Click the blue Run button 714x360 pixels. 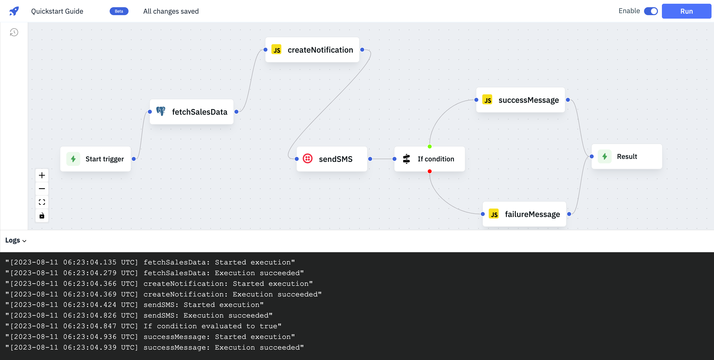click(686, 11)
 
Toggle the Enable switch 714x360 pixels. click(650, 11)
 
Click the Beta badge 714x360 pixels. click(119, 11)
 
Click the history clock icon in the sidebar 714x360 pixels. click(14, 33)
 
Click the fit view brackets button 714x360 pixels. click(42, 202)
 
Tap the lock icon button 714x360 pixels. click(42, 216)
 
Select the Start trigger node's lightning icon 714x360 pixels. click(73, 159)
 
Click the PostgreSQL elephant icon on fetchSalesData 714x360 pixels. click(161, 111)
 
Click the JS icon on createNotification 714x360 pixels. click(276, 50)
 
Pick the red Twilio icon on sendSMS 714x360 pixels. click(308, 159)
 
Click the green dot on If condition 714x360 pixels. click(430, 146)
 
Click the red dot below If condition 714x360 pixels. click(430, 171)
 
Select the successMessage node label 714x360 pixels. click(529, 100)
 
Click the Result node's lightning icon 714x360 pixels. click(605, 156)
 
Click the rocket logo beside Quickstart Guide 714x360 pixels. click(14, 11)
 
